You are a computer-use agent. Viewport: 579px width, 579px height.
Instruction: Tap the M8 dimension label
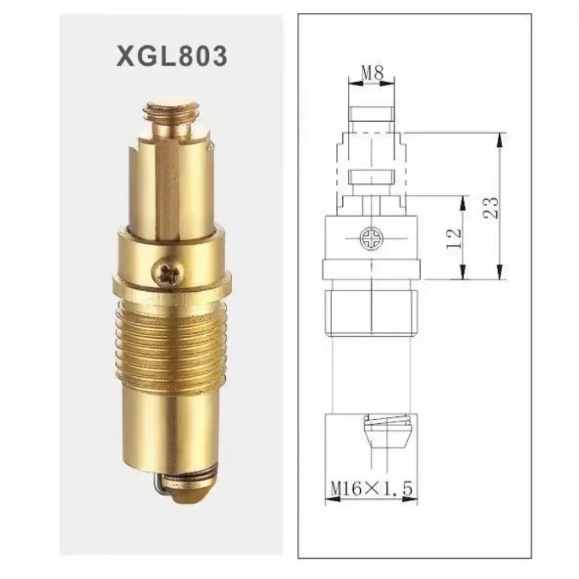[x=372, y=73]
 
